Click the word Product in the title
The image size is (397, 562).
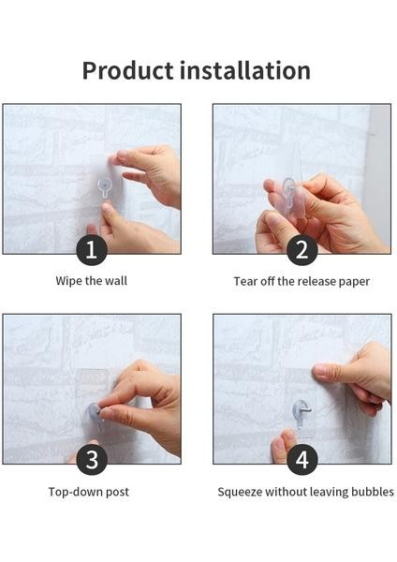(128, 70)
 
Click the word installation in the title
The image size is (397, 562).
(245, 70)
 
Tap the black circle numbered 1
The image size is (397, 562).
(92, 250)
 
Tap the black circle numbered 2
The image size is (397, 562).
(302, 250)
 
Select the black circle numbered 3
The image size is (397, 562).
(92, 460)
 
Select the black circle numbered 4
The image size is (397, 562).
(302, 460)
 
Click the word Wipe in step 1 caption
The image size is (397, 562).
(68, 281)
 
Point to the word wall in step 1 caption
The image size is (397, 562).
(116, 281)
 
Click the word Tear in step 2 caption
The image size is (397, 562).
(246, 281)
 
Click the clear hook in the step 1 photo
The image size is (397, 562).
(105, 188)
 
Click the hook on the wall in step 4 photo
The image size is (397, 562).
(301, 413)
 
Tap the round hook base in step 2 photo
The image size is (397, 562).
(288, 187)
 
